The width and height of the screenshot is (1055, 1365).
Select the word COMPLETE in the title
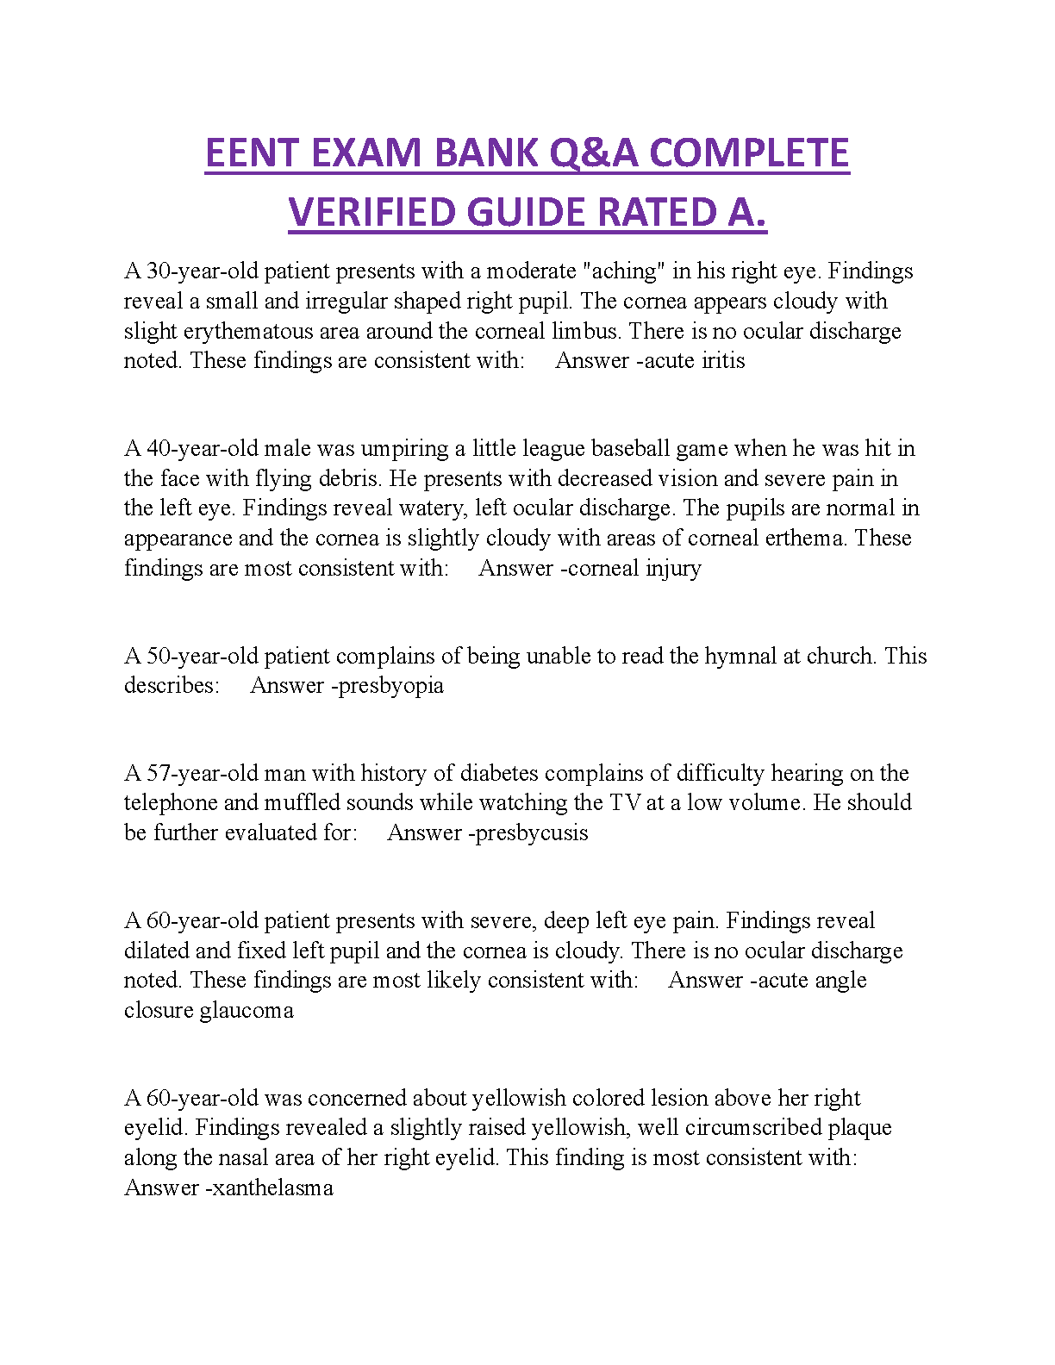[749, 153]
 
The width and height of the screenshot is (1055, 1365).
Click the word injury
[673, 569]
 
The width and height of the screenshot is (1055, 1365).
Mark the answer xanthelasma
[272, 1188]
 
